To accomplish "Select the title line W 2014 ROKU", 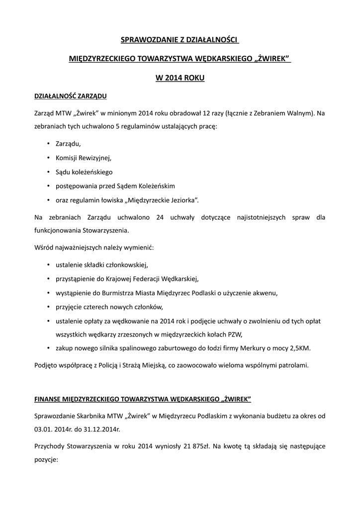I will pos(180,78).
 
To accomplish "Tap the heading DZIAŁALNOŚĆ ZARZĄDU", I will pos(70,95).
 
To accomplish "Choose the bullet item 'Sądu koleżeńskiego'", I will pos(85,172).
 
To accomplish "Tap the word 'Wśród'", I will pos(43,247).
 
